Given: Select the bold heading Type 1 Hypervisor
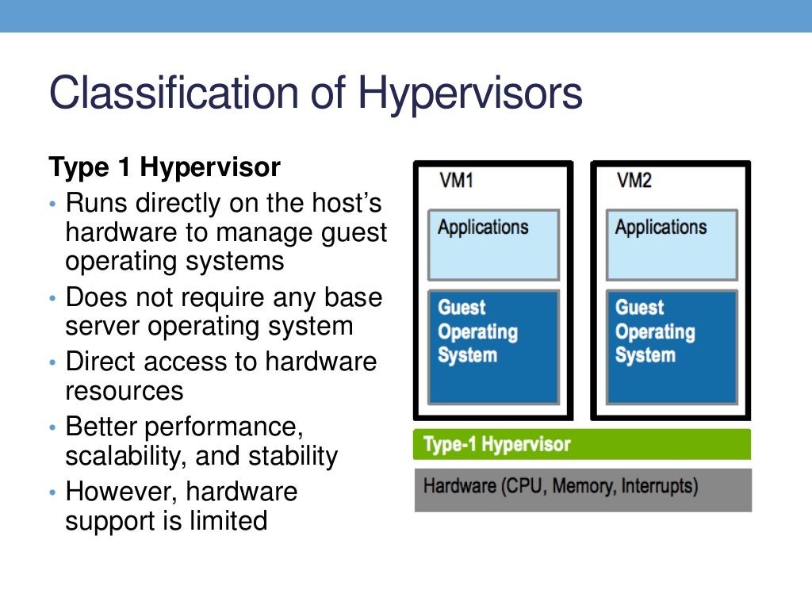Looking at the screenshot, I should coord(164,167).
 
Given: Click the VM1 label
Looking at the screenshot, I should coord(456,181).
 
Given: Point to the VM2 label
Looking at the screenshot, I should coord(634,181).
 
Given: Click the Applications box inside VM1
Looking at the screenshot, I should coord(493,245).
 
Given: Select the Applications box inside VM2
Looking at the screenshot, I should coord(672,245).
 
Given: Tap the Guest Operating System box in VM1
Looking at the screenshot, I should coord(493,347).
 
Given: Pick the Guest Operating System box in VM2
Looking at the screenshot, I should coord(672,347).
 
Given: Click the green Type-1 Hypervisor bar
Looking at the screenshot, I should coord(581,444).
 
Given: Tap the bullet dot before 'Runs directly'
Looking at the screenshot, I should coord(53,205).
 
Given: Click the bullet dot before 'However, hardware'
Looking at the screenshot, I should coord(53,493).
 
